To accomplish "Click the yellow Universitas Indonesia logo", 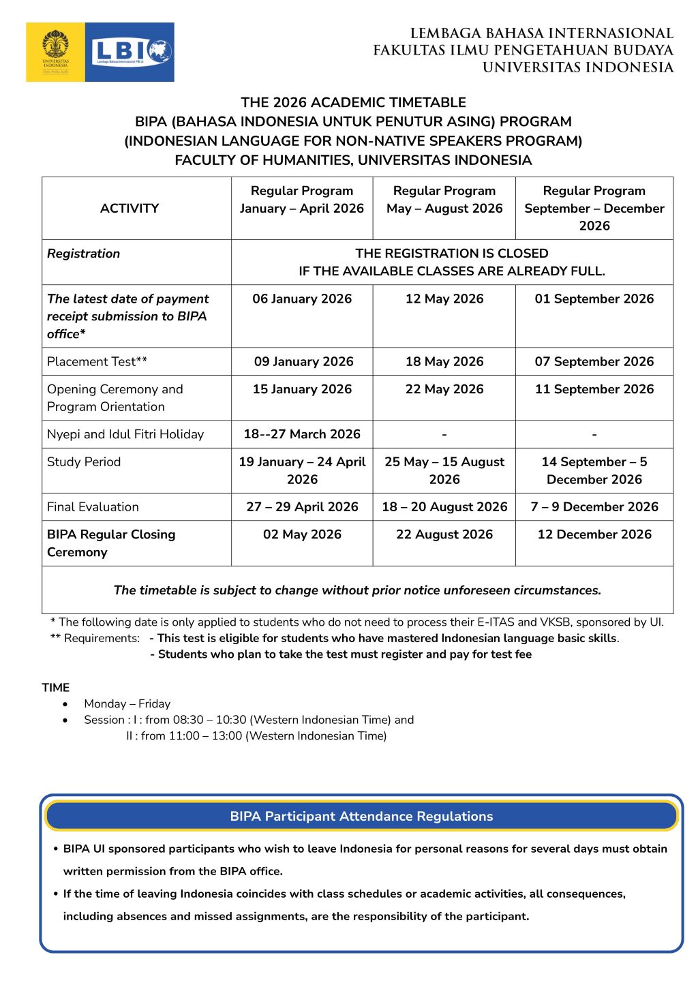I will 55,52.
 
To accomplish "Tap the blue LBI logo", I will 130,52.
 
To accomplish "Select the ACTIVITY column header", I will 130,209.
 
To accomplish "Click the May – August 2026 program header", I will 444,200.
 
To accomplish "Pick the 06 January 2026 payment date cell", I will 302,299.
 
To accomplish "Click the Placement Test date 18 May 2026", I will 444,361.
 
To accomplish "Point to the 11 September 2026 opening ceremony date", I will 594,389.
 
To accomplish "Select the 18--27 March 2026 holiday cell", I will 302,434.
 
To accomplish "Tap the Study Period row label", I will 84,462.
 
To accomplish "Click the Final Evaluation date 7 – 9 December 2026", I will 594,507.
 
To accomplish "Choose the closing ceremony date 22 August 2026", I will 444,534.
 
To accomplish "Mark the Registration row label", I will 84,254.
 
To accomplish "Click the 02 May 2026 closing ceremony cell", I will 302,534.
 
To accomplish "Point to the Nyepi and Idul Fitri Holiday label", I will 125,434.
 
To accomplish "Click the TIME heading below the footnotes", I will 56,687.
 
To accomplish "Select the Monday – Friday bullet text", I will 127,703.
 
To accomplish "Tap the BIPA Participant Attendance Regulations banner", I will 361,816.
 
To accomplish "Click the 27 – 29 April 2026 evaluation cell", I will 302,507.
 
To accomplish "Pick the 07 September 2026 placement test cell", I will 594,361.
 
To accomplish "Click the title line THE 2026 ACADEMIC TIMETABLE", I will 353,103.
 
